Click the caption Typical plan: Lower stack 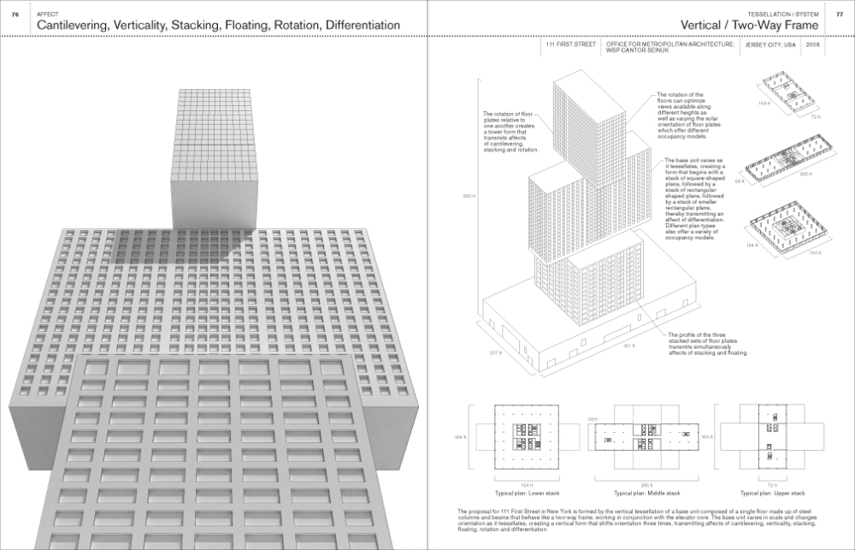tap(515, 494)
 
